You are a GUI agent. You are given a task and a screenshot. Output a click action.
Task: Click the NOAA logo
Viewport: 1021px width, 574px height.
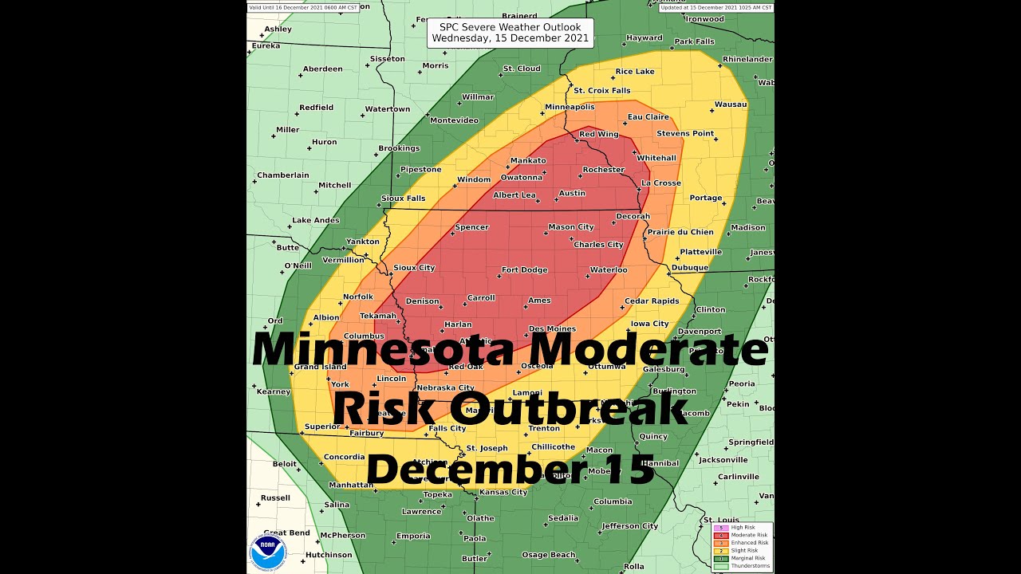(268, 551)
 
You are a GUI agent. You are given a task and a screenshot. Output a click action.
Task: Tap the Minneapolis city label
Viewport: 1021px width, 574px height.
(570, 107)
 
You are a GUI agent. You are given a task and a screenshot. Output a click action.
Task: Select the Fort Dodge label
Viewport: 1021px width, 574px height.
(524, 270)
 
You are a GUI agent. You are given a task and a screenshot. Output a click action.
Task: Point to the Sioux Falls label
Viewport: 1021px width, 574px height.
(403, 199)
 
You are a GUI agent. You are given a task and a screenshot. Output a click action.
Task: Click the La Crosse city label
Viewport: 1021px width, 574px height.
(661, 183)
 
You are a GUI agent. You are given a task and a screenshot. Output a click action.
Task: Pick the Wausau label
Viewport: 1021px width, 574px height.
(730, 104)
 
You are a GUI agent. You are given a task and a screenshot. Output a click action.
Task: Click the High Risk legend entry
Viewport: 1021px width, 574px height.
(742, 527)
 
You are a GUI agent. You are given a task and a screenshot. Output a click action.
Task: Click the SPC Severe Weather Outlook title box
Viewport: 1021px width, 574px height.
(510, 33)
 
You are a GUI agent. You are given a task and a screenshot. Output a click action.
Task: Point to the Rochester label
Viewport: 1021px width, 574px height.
(603, 170)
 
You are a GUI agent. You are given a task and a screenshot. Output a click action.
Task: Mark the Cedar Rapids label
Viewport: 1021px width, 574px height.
(652, 301)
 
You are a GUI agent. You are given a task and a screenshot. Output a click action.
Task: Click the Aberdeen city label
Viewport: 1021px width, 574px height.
(322, 69)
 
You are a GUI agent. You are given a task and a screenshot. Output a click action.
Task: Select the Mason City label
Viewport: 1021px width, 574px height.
(570, 227)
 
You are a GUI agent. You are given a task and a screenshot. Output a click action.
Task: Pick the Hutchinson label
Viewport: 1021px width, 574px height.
(328, 555)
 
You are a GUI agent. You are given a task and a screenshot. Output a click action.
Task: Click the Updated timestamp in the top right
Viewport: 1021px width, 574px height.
(715, 7)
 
